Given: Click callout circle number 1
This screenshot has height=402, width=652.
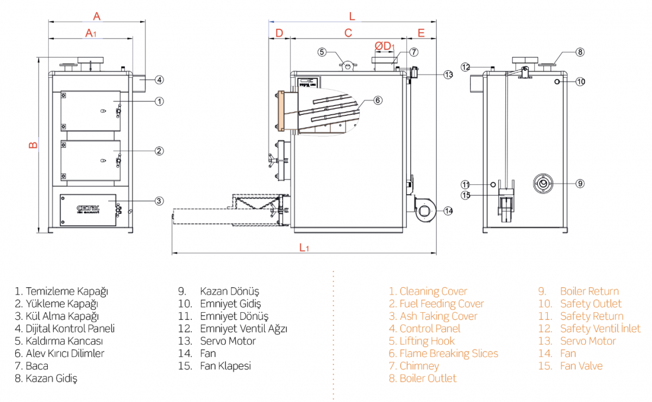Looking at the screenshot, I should tap(159, 101).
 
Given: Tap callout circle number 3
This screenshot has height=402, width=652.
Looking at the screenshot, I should tap(159, 201).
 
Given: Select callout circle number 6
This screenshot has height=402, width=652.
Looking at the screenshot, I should tap(378, 100).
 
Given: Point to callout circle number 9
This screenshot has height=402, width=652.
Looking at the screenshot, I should tap(580, 183).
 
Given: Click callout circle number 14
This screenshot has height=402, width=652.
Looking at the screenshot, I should tap(448, 211).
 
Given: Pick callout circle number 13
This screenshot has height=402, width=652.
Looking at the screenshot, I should tap(448, 75).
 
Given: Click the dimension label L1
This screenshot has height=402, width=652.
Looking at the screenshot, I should tap(304, 248).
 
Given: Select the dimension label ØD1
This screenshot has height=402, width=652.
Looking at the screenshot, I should tap(385, 46).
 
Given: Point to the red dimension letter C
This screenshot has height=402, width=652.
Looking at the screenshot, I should tap(348, 32).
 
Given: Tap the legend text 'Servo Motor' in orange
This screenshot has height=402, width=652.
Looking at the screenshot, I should tap(588, 341).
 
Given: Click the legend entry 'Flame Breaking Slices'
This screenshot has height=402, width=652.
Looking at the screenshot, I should tap(443, 354).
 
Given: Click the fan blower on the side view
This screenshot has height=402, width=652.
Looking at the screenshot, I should tap(424, 209).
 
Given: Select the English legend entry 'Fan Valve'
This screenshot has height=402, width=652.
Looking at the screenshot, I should tap(581, 366).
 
